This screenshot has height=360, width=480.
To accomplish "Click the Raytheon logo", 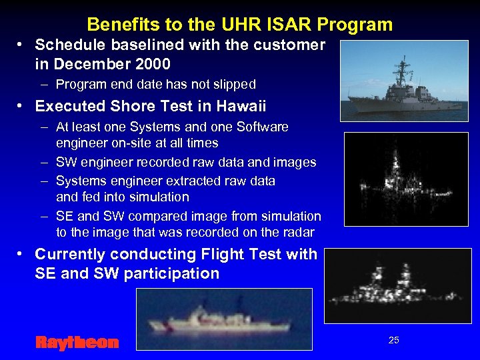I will click(77, 343).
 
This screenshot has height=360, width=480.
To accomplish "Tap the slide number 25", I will click(393, 340).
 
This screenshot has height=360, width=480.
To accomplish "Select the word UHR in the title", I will click(243, 25).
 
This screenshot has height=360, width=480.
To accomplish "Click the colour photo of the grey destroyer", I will click(403, 80).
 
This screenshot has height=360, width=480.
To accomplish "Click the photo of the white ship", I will click(224, 319).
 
